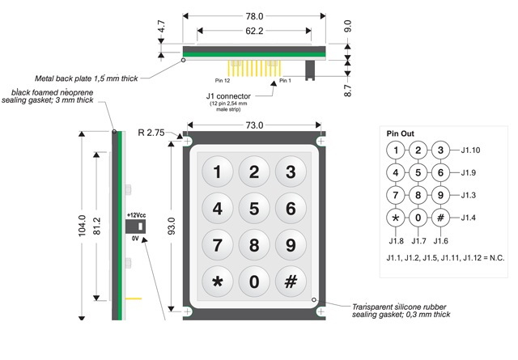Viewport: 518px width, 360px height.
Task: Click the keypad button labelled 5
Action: point(254,208)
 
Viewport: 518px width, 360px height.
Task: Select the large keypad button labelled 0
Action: point(254,282)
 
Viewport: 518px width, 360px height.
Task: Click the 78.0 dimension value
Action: point(254,15)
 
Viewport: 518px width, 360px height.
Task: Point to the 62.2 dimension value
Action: point(254,31)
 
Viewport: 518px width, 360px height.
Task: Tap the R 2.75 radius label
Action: point(151,132)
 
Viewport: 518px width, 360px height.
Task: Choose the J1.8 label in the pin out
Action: point(396,240)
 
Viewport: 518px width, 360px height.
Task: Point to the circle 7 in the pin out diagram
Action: point(395,195)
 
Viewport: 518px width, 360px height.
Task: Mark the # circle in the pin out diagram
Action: point(439,218)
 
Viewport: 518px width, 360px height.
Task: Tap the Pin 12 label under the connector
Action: point(223,81)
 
